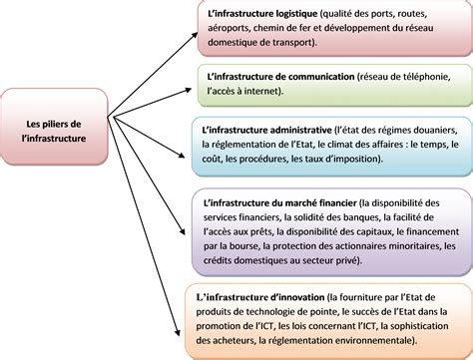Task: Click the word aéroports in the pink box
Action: click(x=228, y=29)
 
